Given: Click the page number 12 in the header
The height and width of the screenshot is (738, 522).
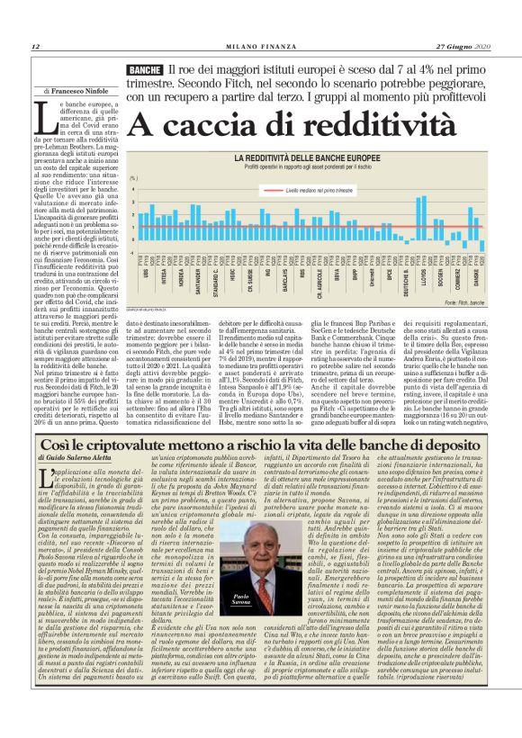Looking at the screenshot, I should (x=34, y=47).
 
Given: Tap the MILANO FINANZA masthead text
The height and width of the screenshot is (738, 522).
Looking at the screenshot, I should (x=261, y=47).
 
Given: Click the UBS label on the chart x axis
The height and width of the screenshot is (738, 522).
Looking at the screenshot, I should (x=148, y=266).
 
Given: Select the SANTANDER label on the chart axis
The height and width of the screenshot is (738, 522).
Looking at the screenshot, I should (x=196, y=274).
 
